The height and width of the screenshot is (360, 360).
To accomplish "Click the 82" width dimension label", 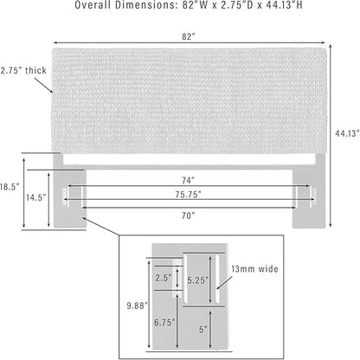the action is [x=189, y=36].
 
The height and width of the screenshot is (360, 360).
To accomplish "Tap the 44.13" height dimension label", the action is [x=347, y=133].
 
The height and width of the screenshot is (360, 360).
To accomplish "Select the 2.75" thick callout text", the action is [x=23, y=70].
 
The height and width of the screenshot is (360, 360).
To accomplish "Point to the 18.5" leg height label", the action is [x=10, y=187].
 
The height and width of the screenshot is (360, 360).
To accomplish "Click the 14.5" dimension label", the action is [x=36, y=197].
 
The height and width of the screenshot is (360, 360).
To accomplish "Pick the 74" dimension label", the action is [x=188, y=180].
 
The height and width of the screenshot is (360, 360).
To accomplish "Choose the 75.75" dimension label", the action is [x=188, y=195].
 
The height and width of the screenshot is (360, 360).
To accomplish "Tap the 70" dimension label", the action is [x=188, y=215].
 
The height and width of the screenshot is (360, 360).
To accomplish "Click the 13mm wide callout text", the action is [x=254, y=269].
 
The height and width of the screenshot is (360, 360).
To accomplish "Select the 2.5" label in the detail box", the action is [x=164, y=278].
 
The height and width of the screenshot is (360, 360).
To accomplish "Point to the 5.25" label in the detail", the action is [x=198, y=280].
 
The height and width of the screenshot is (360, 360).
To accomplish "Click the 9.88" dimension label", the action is [x=138, y=305].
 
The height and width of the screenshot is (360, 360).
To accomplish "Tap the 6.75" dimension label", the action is [x=164, y=323].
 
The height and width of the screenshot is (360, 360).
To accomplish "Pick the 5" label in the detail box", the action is [x=203, y=330].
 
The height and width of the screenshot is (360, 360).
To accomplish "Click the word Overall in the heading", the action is [x=93, y=5].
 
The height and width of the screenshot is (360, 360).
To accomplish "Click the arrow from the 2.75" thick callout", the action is [x=44, y=86].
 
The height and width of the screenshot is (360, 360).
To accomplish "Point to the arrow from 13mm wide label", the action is [x=225, y=283].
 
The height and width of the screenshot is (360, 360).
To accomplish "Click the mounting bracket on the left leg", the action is [x=66, y=196].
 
